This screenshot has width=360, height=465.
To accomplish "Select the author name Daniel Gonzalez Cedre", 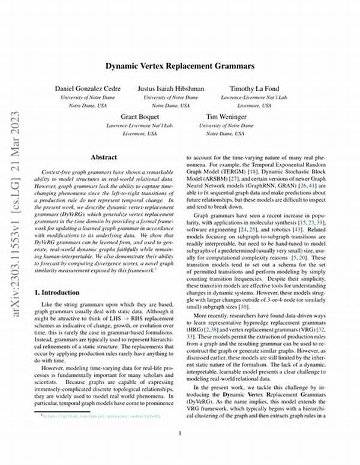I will click(88, 89).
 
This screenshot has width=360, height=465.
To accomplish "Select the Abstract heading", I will click(104, 157).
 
